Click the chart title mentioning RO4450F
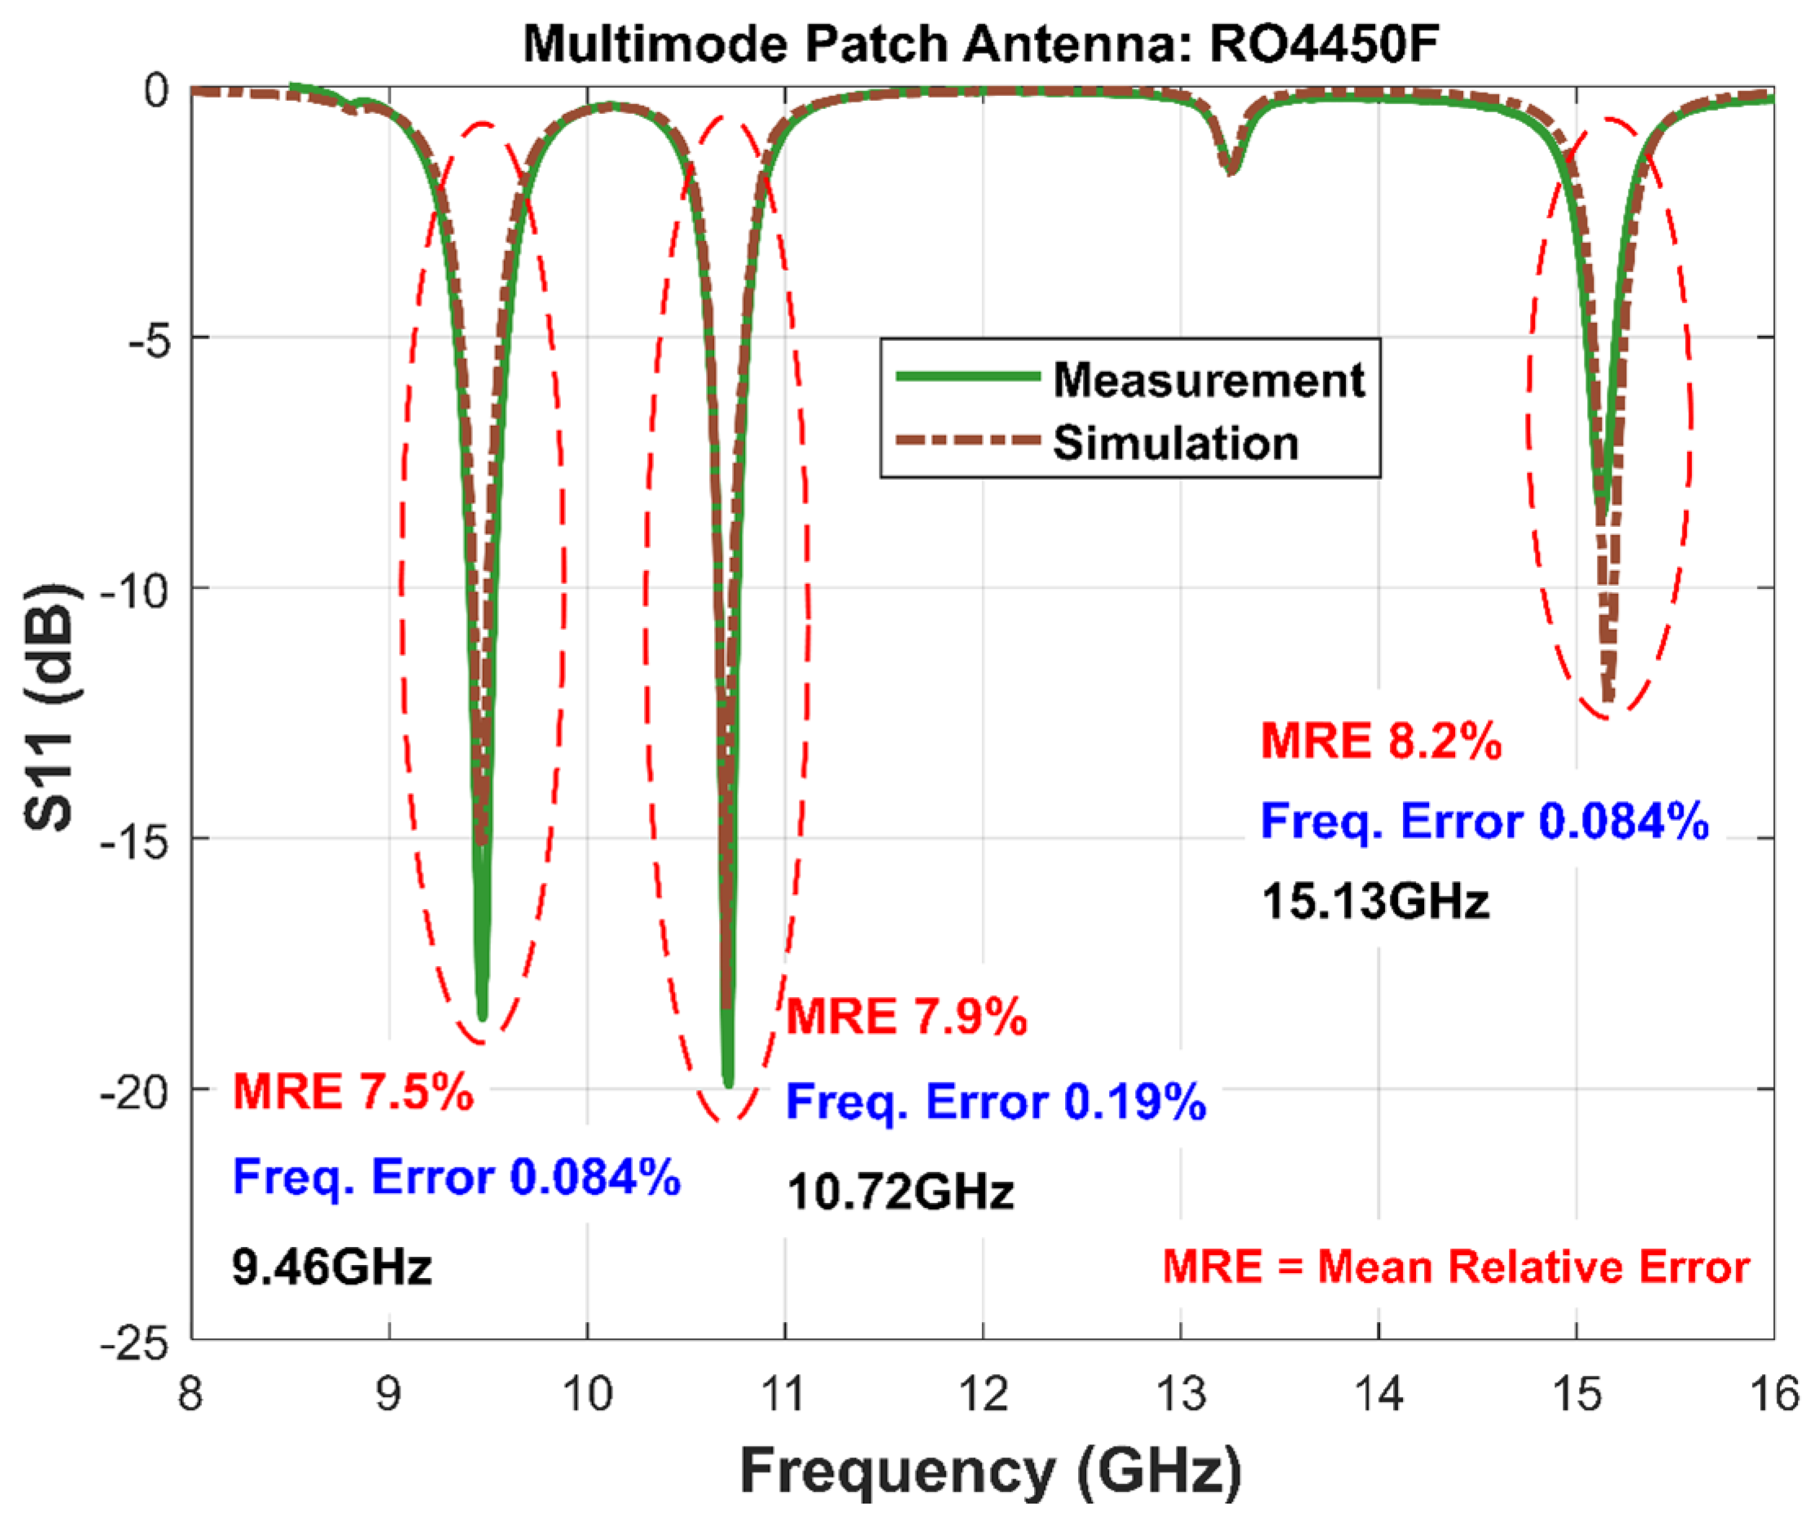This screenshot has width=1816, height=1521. [981, 43]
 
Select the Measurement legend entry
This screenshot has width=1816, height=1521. [1208, 380]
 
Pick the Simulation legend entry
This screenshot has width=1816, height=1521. [1175, 443]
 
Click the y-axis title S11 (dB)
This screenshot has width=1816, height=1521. [52, 708]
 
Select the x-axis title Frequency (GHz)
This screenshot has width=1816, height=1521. [991, 1471]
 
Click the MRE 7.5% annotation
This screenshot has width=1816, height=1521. [353, 1091]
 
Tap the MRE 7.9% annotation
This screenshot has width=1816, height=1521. [906, 1016]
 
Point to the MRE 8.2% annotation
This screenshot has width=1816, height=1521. [1381, 741]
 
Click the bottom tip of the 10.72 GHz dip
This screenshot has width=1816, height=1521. [728, 1083]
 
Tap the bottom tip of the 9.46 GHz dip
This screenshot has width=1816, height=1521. [483, 1016]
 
